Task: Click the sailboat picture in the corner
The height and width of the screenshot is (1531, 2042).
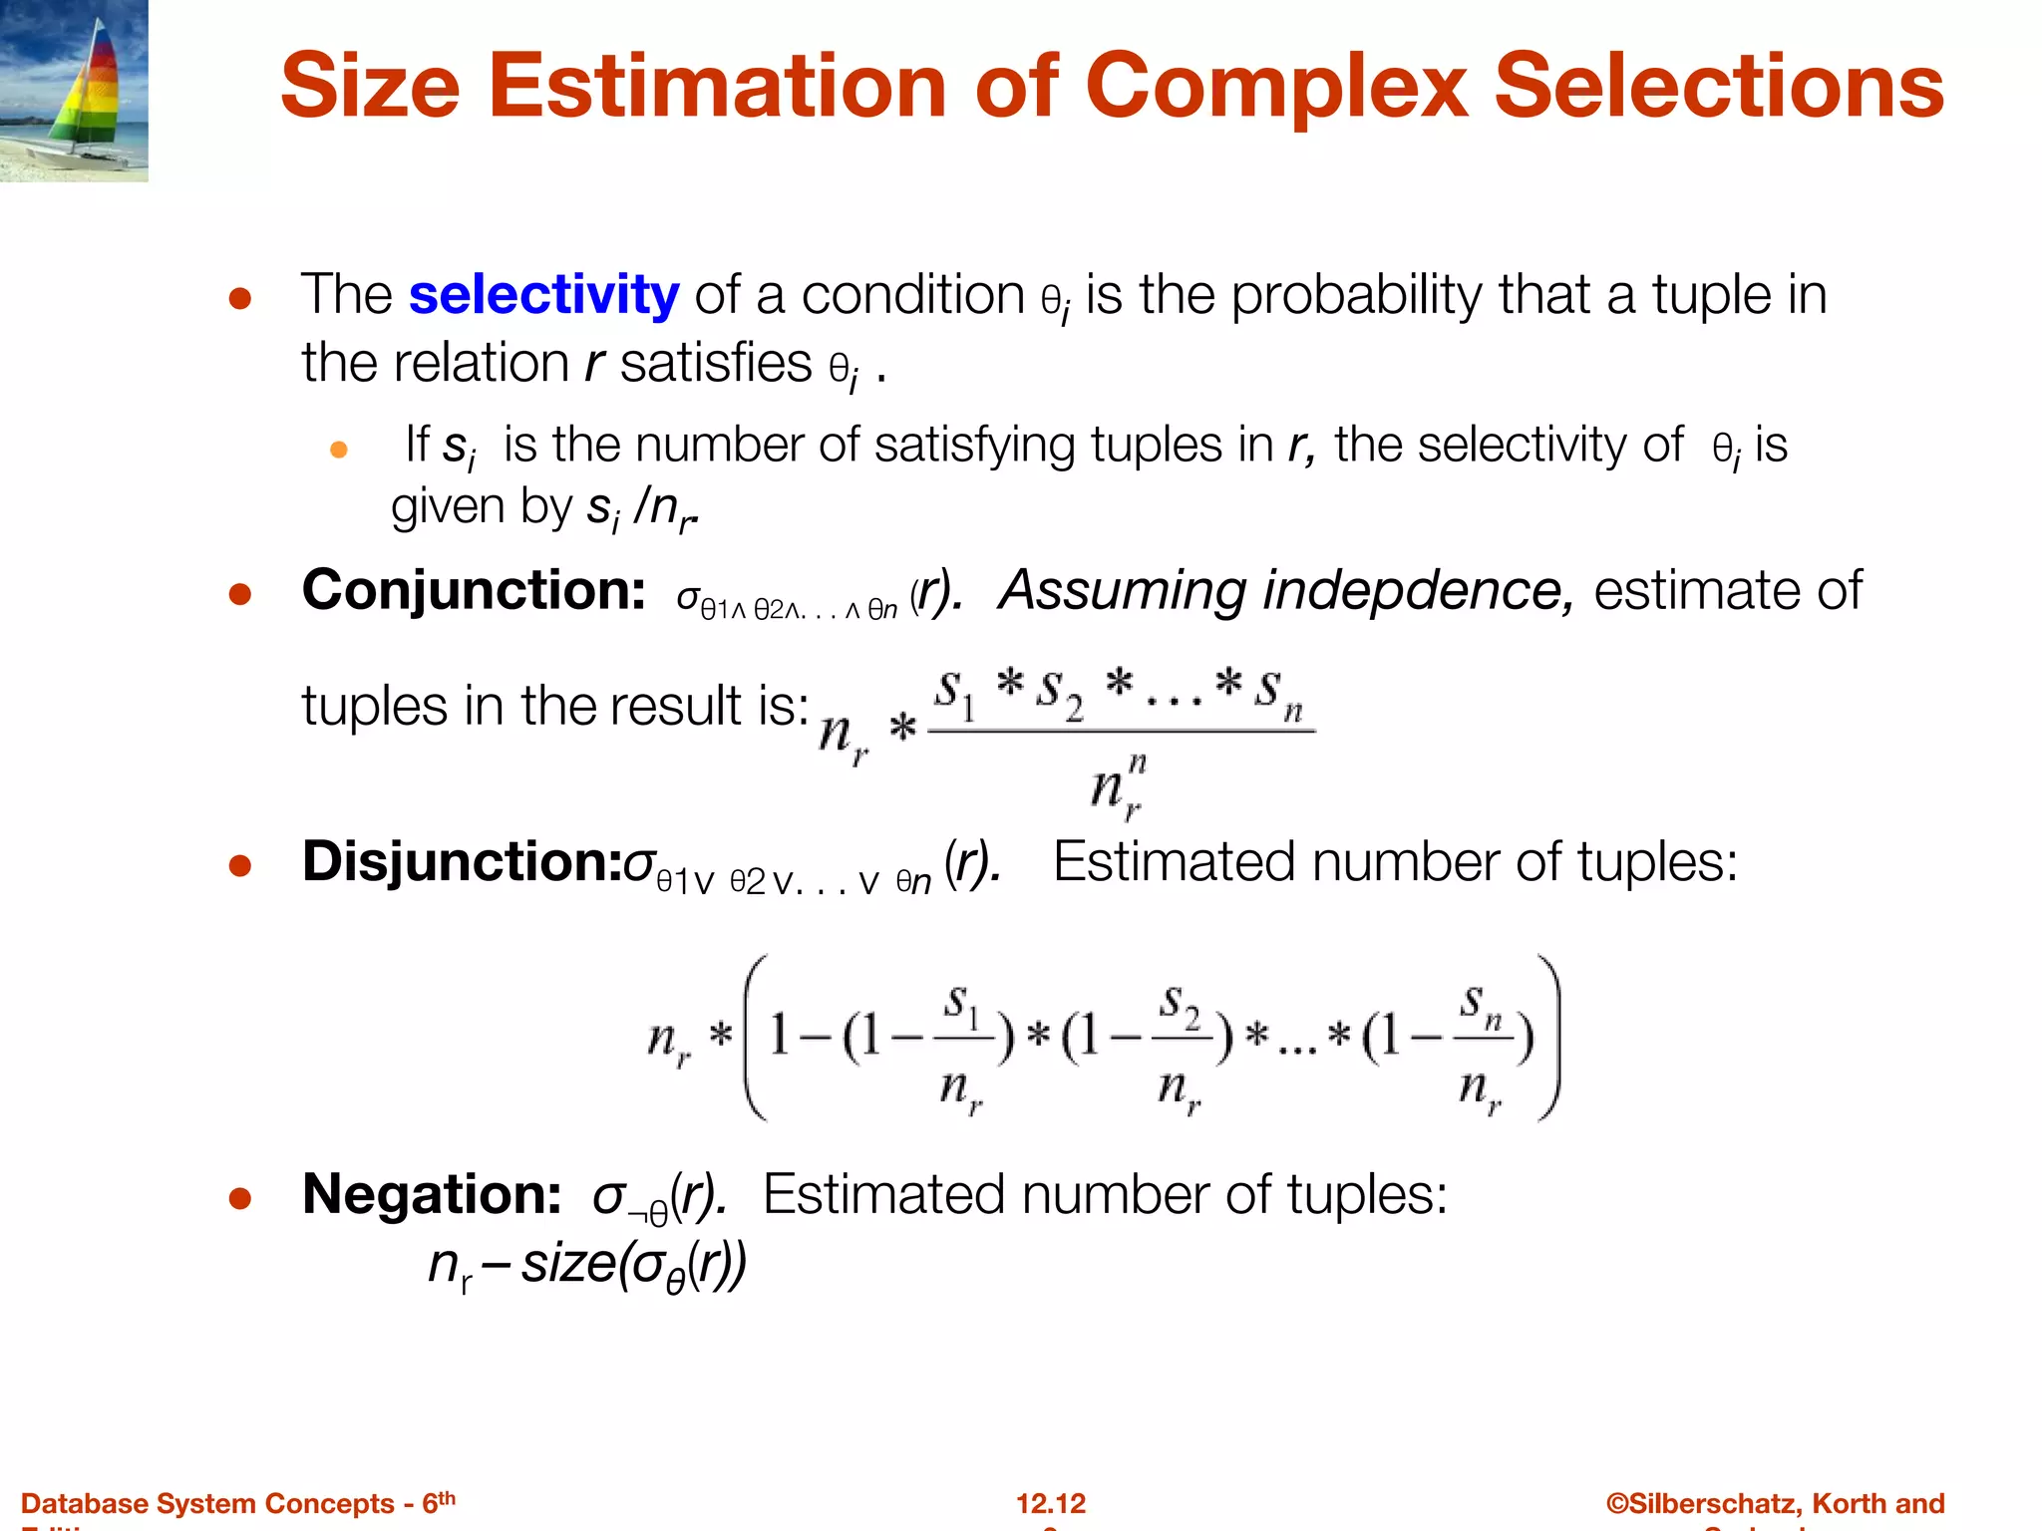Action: point(74,91)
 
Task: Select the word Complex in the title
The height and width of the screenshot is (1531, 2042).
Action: point(1275,87)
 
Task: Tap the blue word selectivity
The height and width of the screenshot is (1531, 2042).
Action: point(543,295)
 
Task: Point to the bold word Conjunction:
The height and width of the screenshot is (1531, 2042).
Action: point(474,590)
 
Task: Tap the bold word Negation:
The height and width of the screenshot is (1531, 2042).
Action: point(432,1194)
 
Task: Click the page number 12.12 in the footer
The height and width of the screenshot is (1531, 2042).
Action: point(1051,1503)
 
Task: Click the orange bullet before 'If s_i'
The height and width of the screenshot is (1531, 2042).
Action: point(339,451)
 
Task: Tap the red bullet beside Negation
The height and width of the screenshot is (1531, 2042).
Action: point(239,1198)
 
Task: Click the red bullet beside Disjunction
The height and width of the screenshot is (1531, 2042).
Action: point(239,865)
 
